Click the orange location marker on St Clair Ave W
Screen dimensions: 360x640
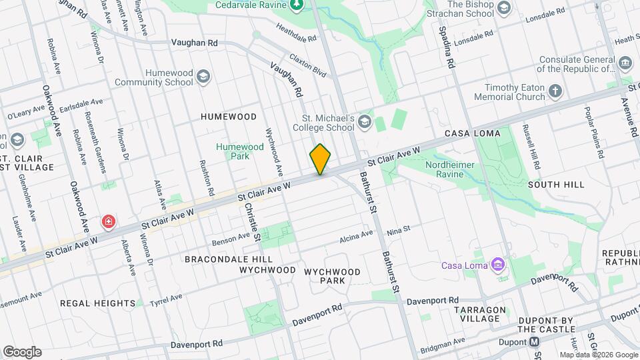pos(320,159)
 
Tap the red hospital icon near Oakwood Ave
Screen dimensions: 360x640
pos(107,221)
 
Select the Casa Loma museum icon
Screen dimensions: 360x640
pos(497,265)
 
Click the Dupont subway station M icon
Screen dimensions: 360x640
pos(535,342)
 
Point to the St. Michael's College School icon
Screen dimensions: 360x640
pos(364,121)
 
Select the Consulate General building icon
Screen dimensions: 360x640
pos(625,63)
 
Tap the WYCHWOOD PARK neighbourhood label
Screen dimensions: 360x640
pos(332,276)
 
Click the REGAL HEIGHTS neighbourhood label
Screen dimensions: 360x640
pos(98,303)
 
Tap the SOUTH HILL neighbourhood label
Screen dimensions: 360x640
pos(556,185)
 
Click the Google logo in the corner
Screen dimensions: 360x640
pos(21,351)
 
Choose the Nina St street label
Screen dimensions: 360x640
pos(398,229)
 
